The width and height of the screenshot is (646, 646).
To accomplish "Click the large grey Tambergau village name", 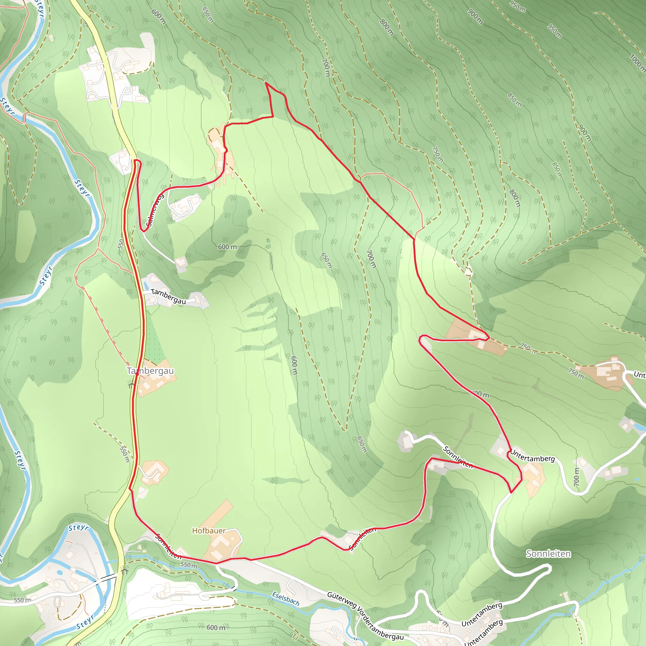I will click(150, 371).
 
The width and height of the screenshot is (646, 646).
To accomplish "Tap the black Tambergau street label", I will click(168, 296).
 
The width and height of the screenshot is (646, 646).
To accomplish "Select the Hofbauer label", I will click(208, 531).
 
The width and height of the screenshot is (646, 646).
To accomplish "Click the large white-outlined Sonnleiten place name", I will click(548, 554).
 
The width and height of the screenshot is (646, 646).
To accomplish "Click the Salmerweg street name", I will click(155, 210).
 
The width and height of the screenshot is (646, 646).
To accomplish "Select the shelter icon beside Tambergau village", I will click(131, 384).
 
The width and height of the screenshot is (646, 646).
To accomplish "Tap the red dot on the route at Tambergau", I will click(137, 375).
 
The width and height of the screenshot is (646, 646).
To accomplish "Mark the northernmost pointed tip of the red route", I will click(266, 83).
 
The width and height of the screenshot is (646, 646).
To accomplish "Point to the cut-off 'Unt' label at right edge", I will click(639, 375).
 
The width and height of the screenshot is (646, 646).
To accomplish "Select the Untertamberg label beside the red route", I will click(532, 457).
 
